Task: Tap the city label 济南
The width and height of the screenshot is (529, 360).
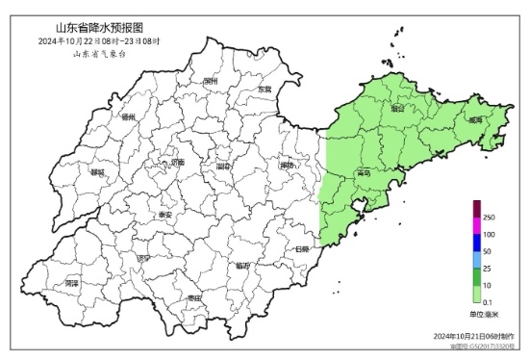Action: tap(176, 163)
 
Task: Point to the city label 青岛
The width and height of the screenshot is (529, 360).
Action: tap(363, 173)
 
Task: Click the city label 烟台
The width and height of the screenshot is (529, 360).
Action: tap(397, 109)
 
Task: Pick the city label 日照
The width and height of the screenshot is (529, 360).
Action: tap(303, 248)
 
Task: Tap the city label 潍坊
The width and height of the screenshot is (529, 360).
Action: tap(286, 166)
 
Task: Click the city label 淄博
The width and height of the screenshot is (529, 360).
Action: tap(224, 166)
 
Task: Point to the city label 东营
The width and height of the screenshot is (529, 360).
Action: tap(264, 90)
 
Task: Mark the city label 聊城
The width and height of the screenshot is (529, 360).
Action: tap(96, 172)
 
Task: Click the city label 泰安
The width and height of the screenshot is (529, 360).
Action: tap(164, 215)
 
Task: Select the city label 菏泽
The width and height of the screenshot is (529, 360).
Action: tap(70, 285)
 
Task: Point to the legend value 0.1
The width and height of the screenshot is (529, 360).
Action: tap(488, 301)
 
